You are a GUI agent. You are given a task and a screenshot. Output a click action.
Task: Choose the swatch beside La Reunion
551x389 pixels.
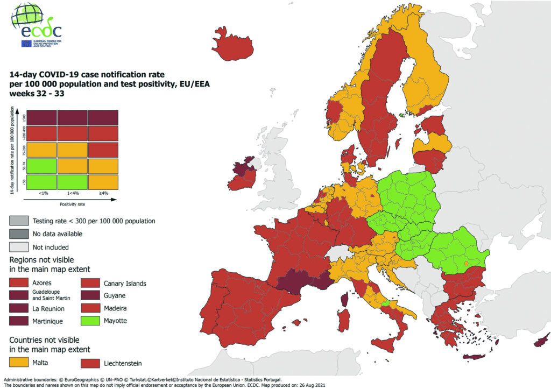(x=19, y=309)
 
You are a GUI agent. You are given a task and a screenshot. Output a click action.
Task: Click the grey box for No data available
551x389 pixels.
(x=19, y=234)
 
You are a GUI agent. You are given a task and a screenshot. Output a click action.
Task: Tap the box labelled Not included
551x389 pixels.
(x=19, y=247)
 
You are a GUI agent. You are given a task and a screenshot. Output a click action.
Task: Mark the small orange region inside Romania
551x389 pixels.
(x=466, y=264)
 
